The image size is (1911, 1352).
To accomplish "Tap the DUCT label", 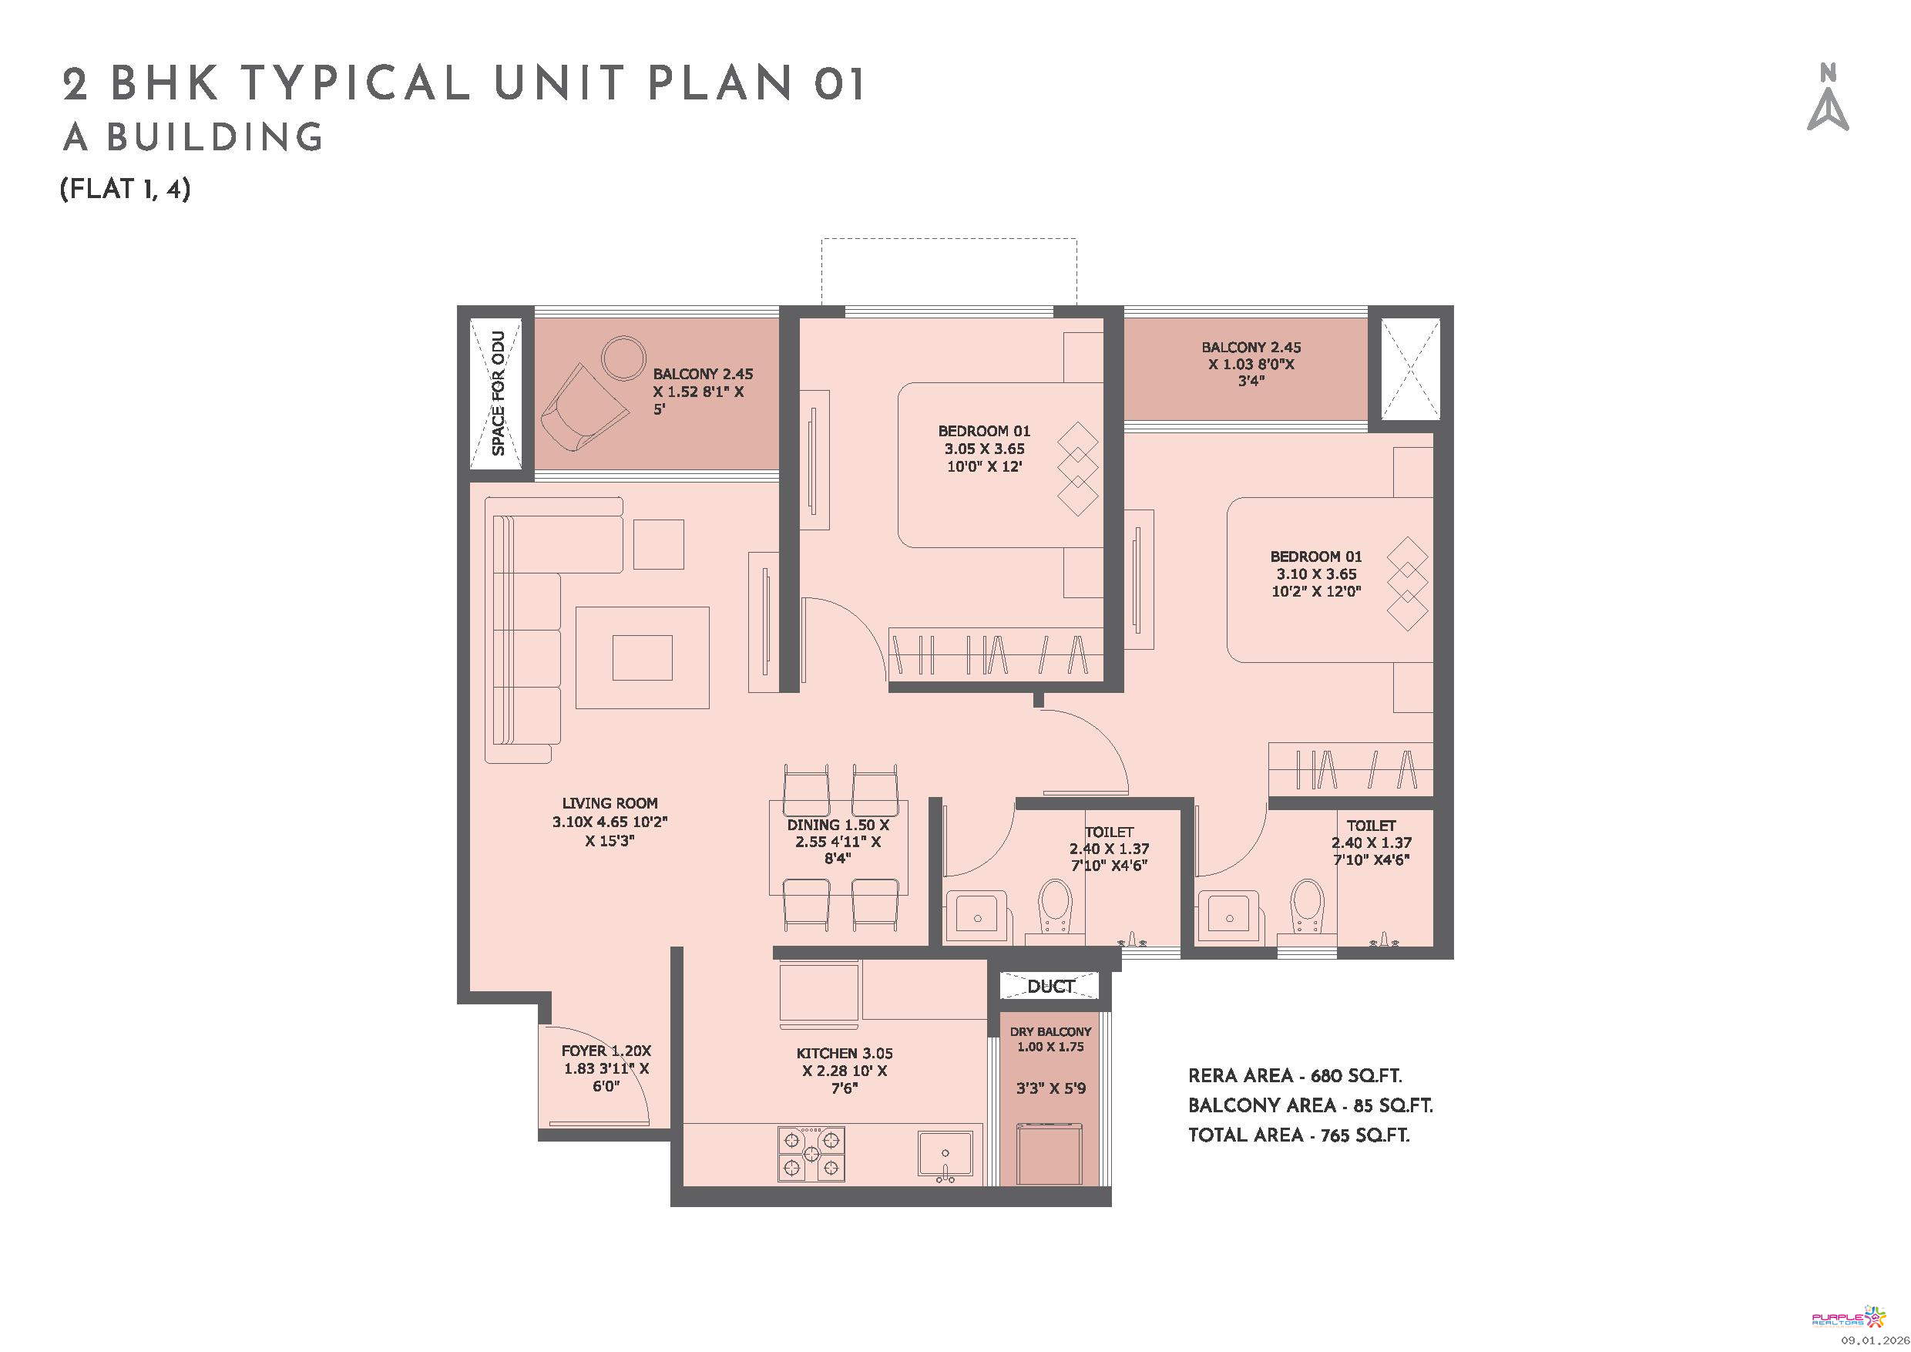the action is point(1050,987).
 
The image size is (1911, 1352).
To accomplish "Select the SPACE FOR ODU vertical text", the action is point(498,393).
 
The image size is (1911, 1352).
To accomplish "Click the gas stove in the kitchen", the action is point(811,1153).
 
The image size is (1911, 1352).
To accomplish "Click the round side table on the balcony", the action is point(623,358).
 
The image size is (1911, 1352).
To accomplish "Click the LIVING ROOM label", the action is point(610,803).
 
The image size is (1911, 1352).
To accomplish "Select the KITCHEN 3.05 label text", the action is point(844,1053).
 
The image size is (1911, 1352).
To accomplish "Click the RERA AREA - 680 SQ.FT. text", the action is point(1295,1075).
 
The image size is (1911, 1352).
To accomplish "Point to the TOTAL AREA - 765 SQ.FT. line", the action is point(1298,1135).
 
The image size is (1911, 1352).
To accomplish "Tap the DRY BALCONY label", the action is point(1050,1031).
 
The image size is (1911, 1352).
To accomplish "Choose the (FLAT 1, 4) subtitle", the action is point(126,189).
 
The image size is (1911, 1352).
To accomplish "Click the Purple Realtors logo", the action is point(1846,1318).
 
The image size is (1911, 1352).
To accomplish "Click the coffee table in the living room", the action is point(642,658).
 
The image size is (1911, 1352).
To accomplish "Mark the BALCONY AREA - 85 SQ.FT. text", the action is point(1310,1105).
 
